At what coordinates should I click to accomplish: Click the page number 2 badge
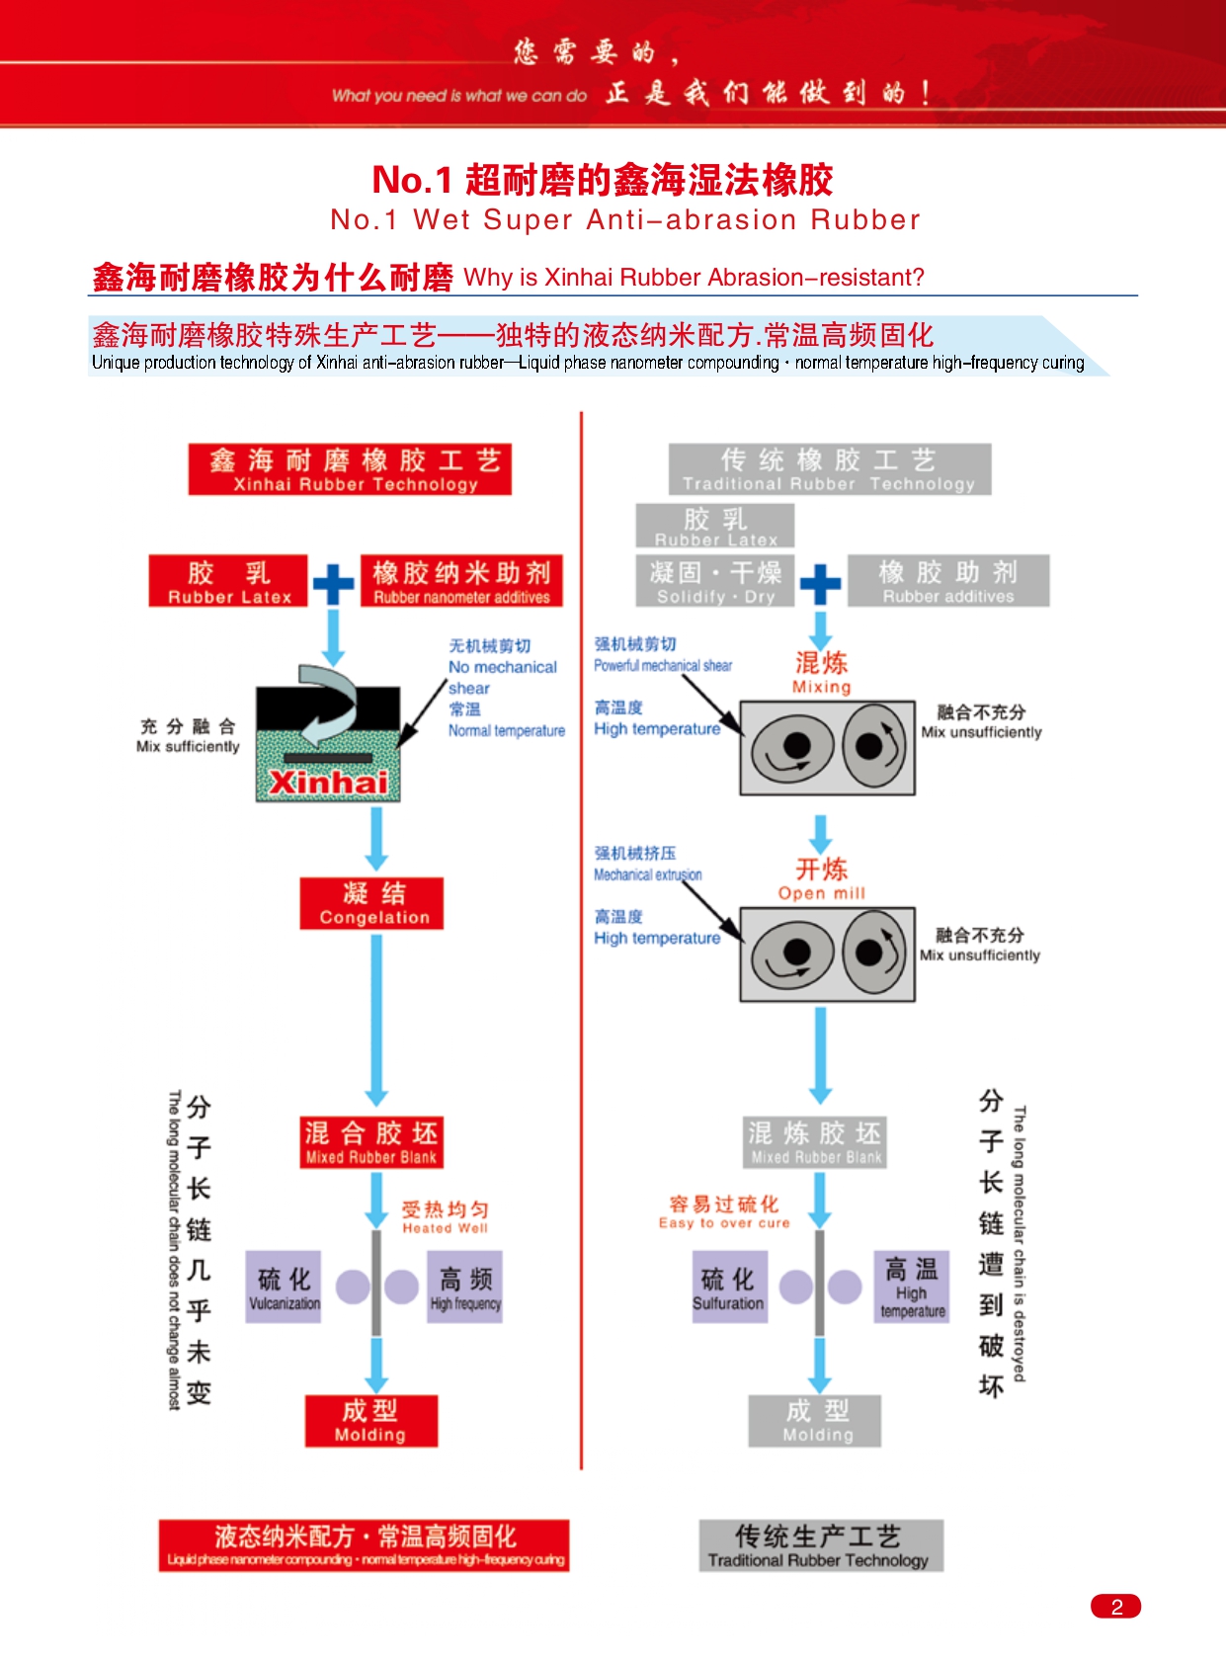coord(1115,1606)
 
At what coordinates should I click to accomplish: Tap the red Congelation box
coord(371,903)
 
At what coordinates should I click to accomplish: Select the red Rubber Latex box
coord(229,581)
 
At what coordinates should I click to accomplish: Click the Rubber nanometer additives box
coord(461,581)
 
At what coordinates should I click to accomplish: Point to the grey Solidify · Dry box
coord(715,581)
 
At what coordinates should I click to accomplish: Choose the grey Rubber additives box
coord(947,581)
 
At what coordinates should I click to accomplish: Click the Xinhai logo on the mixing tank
coord(328,782)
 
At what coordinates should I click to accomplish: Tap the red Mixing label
coord(821,672)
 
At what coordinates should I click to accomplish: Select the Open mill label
coord(821,878)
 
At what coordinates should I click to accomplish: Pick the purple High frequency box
coord(465,1287)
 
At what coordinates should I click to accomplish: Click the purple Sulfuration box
coord(728,1287)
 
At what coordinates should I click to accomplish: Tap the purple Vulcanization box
coord(284,1287)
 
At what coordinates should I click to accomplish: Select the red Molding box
coord(370,1421)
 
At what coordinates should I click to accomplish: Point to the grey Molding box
coord(815,1421)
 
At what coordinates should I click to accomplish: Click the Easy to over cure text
coord(724,1211)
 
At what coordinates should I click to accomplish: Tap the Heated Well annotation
coord(445,1216)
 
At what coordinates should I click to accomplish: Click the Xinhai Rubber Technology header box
coord(350,469)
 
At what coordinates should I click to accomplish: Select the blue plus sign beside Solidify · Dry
coord(820,584)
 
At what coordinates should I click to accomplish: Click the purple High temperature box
coord(912,1287)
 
